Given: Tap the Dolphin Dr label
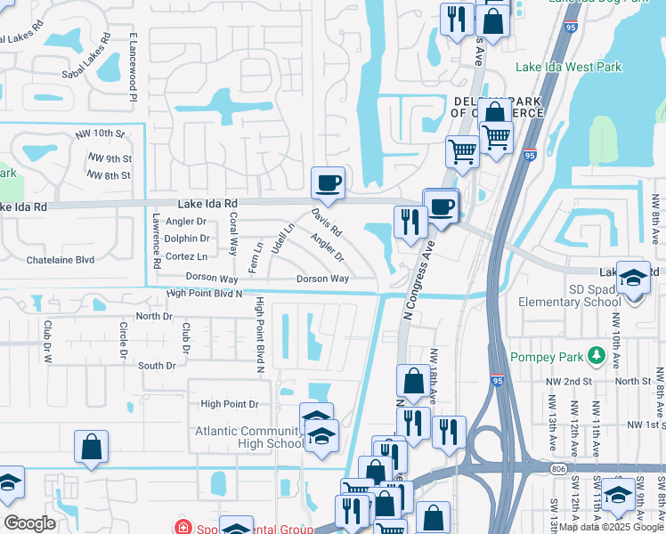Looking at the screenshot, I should click(188, 239).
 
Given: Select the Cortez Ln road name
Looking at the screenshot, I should click(186, 256).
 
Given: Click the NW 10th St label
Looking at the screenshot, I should click(100, 133).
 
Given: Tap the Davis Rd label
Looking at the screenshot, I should click(326, 222).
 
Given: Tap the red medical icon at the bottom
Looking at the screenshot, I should click(183, 527).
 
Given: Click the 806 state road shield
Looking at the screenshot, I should click(558, 468).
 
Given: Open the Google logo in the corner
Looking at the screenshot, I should click(30, 523).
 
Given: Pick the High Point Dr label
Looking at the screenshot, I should click(229, 404).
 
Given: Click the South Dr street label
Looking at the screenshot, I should click(157, 366).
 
